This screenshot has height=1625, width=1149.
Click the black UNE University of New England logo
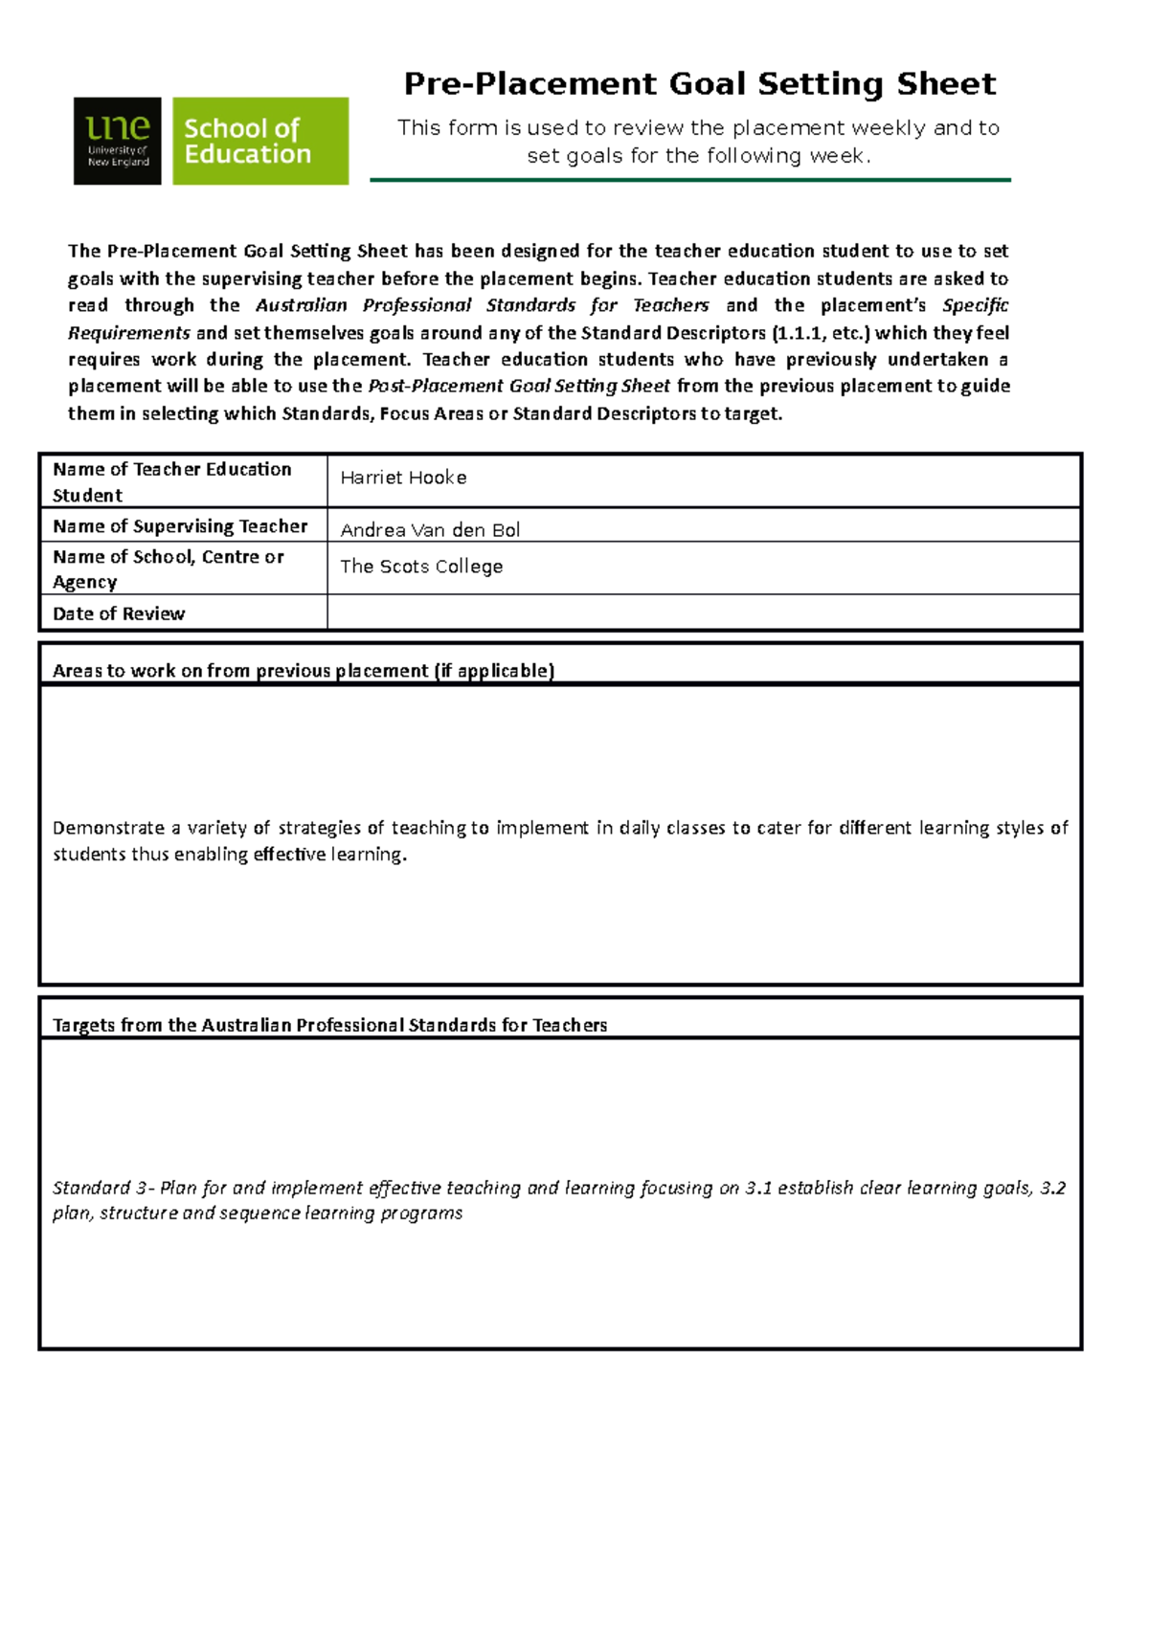point(117,141)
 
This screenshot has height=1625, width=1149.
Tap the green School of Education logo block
point(259,141)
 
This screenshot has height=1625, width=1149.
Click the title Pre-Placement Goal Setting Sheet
point(699,84)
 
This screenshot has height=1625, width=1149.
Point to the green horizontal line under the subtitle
point(689,180)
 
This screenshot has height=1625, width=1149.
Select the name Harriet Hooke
point(403,478)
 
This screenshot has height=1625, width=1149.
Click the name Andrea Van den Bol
point(430,530)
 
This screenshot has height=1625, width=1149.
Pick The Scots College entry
point(421,567)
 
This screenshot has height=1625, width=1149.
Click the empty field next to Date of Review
point(704,612)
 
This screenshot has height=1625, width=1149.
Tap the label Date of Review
point(119,613)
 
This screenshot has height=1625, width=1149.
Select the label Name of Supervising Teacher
point(180,526)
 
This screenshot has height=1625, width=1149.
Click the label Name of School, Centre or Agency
point(168,568)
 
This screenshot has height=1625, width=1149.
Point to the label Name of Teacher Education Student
point(171,481)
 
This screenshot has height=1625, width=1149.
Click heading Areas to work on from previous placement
point(303,671)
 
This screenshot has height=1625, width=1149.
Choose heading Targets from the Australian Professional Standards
point(329,1025)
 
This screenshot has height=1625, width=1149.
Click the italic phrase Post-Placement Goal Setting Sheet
point(519,386)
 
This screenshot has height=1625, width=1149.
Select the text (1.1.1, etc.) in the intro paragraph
point(820,333)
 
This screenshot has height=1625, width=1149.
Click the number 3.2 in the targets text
point(1052,1188)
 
